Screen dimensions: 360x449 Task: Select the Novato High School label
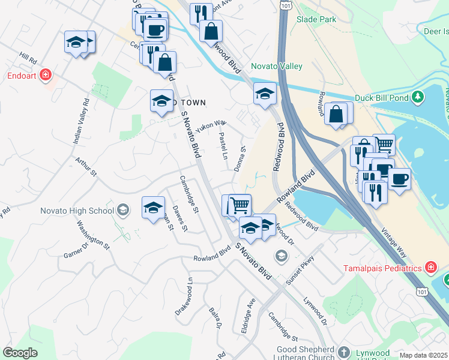(x=77, y=211)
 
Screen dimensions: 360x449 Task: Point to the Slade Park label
(x=316, y=19)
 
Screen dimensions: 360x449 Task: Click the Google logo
(x=20, y=353)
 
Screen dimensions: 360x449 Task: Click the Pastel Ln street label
(x=224, y=146)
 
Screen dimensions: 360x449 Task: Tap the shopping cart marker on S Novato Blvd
(x=240, y=205)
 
